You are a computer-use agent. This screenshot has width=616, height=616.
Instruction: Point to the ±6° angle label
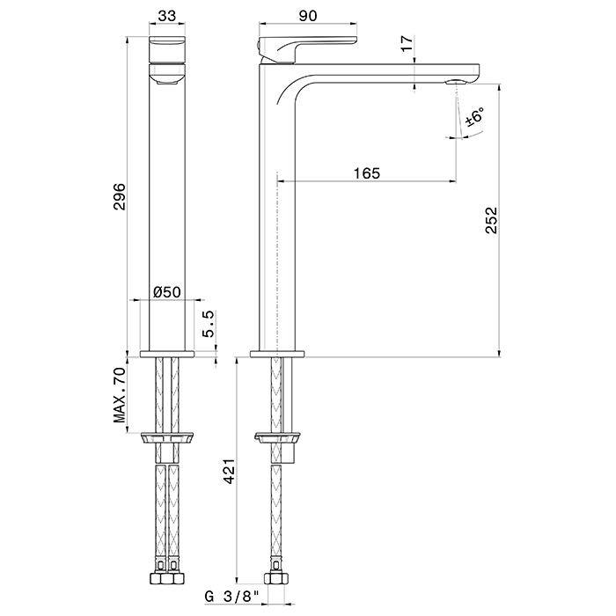pyautogui.click(x=476, y=117)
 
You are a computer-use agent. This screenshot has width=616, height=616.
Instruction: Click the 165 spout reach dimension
pyautogui.click(x=367, y=173)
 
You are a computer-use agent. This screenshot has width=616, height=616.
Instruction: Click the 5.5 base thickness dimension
pyautogui.click(x=208, y=327)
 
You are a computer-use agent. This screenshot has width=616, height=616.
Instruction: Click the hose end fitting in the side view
pyautogui.click(x=277, y=581)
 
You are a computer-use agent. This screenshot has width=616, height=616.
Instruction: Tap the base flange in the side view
pyautogui.click(x=277, y=355)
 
